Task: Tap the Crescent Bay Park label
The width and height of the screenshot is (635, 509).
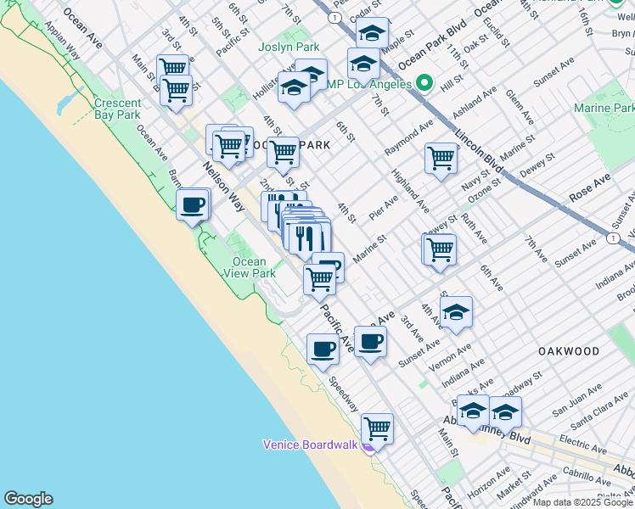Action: click(118, 109)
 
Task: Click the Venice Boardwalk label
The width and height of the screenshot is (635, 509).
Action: click(312, 445)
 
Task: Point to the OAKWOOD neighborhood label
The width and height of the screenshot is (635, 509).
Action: click(568, 350)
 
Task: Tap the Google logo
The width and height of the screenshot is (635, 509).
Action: click(28, 499)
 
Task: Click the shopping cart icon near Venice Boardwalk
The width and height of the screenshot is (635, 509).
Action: click(377, 429)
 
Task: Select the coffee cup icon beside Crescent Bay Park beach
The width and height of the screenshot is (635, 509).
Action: click(194, 204)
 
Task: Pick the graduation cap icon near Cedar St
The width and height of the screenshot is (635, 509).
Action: click(372, 33)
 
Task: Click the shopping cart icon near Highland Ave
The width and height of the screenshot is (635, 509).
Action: click(441, 158)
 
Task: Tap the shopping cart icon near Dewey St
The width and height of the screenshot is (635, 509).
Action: click(439, 249)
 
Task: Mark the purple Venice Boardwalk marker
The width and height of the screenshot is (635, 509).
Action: click(368, 447)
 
